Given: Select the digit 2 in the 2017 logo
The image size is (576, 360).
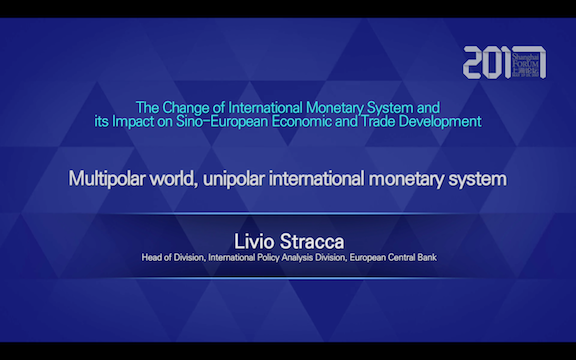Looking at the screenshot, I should tap(475, 62).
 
